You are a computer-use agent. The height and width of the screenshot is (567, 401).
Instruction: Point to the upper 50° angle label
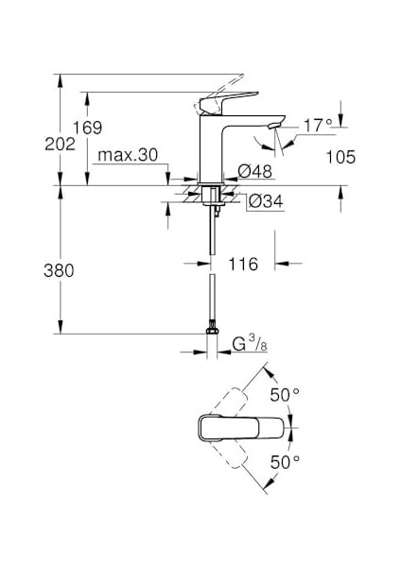pyautogui.click(x=284, y=393)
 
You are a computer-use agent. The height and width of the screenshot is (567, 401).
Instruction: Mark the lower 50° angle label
pyautogui.click(x=284, y=462)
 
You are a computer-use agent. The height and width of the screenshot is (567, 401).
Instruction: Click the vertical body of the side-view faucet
pyautogui.click(x=214, y=146)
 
